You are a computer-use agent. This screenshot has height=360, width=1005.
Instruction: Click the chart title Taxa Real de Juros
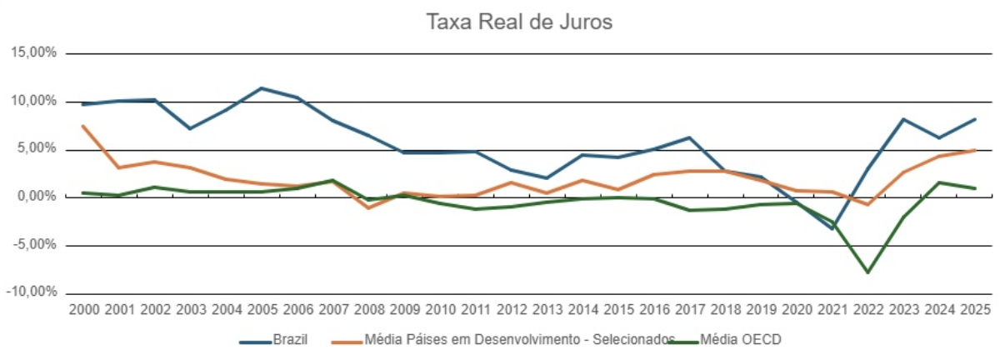point(519,22)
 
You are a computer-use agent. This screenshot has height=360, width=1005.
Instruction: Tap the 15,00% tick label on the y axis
point(32,52)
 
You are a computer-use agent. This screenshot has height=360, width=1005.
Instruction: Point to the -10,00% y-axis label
point(31,293)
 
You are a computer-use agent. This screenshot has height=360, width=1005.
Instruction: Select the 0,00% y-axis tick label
point(36,197)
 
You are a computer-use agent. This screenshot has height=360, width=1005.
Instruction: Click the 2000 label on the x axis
point(84,309)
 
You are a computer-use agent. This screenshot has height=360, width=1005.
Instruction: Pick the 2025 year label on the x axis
point(974,309)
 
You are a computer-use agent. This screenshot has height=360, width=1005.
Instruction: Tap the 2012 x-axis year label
point(511,309)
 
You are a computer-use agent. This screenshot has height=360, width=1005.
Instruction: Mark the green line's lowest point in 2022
point(867,272)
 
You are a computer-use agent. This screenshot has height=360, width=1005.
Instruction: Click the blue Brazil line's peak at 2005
point(262,87)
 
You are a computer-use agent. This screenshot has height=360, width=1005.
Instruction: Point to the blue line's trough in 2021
point(832,229)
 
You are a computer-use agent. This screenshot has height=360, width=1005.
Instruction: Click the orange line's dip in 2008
point(369,207)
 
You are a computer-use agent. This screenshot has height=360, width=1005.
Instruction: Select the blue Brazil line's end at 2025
point(974,119)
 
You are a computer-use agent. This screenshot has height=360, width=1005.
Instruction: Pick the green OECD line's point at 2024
point(938,182)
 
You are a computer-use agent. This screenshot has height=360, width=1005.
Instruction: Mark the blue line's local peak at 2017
point(689,137)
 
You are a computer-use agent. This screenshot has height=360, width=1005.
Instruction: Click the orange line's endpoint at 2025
point(974,150)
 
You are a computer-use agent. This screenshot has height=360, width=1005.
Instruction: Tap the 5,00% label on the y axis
point(36,149)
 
